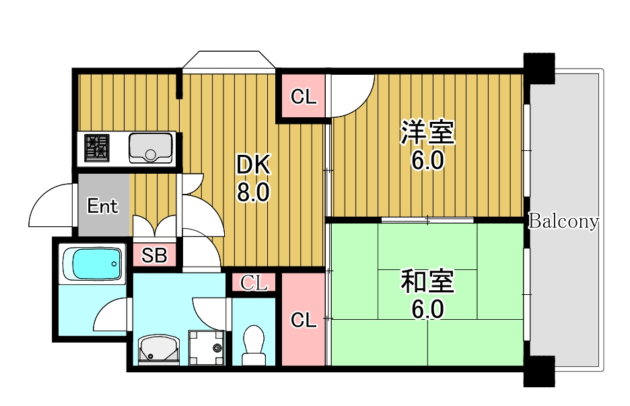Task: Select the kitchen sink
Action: click(151, 147)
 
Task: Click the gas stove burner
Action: click(97, 148)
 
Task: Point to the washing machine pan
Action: click(206, 347)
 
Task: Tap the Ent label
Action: click(103, 206)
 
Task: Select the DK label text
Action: click(252, 165)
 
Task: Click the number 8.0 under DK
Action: click(252, 193)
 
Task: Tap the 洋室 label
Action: click(427, 133)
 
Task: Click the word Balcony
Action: click(563, 222)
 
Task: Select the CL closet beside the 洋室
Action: click(303, 97)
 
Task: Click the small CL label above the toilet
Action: click(254, 283)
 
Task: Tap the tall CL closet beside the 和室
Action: click(304, 319)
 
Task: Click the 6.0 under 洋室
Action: click(427, 162)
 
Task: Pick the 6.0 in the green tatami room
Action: click(427, 310)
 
